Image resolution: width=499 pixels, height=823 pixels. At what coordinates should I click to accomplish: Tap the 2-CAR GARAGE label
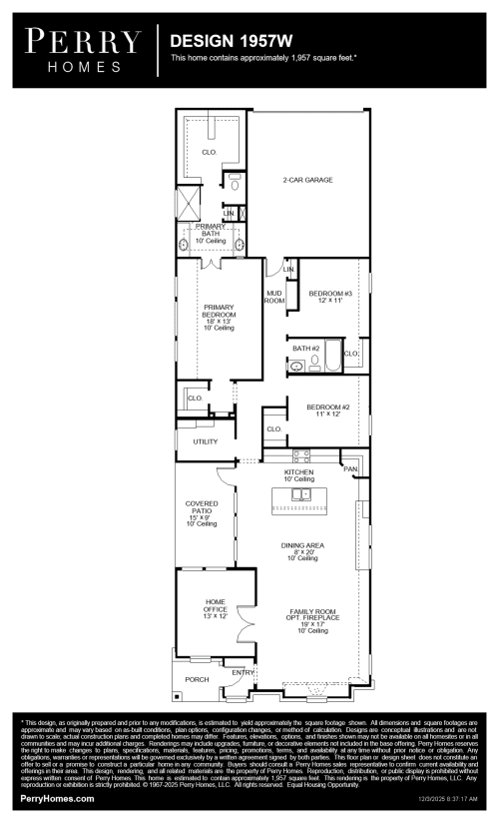(306, 180)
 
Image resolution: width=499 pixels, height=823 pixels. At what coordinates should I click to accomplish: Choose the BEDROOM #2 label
(327, 408)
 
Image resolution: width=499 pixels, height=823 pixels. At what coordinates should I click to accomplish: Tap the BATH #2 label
(305, 348)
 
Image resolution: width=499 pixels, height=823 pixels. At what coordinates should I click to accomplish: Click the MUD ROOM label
(273, 296)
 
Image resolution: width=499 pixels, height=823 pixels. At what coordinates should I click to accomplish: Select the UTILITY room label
(206, 440)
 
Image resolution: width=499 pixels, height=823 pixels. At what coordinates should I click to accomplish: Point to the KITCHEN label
(299, 471)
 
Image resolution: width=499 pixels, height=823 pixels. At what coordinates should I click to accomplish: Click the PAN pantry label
(350, 468)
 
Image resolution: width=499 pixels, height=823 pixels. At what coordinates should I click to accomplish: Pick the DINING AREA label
(301, 545)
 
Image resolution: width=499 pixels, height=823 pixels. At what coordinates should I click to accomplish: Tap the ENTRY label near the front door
(244, 671)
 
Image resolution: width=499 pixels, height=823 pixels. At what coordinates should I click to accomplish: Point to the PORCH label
(198, 679)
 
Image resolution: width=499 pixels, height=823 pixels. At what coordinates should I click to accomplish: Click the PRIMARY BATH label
(211, 231)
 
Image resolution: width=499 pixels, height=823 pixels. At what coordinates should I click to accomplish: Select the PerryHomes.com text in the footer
(58, 799)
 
